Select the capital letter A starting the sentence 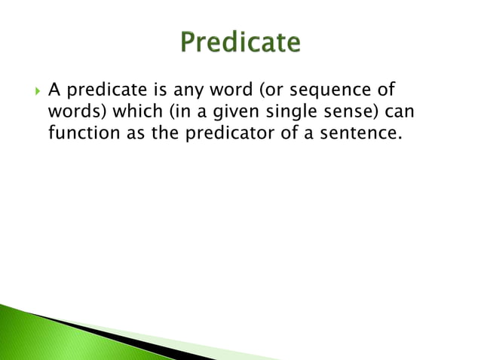click(54, 91)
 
